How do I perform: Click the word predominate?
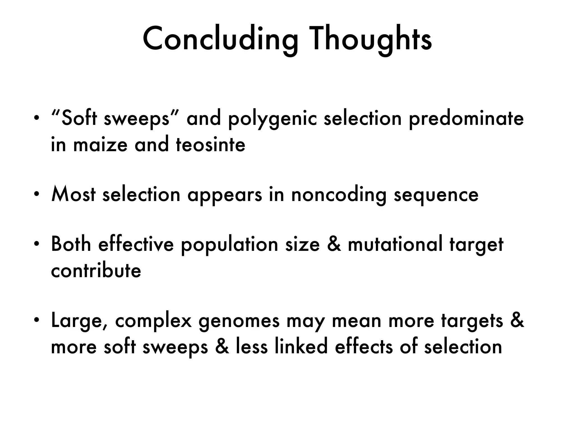[x=466, y=119]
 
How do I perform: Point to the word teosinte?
[x=210, y=145]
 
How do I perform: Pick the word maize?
[x=100, y=145]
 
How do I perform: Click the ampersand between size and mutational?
[x=334, y=244]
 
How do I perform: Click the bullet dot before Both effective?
[x=36, y=244]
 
